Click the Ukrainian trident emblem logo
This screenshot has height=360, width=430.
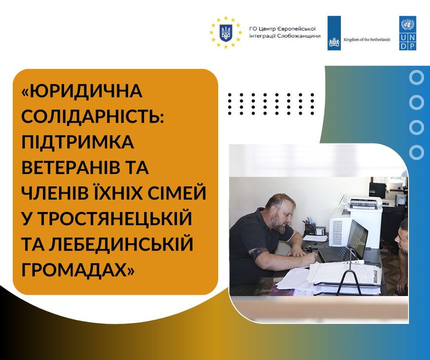click(226, 32)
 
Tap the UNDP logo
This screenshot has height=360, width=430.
click(408, 33)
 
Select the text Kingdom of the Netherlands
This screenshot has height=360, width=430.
click(366, 39)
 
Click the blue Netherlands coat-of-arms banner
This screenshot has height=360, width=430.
click(334, 33)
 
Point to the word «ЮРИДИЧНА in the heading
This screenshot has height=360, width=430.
click(82, 90)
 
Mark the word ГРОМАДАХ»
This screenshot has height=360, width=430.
click(78, 269)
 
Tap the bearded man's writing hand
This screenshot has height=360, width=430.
click(310, 256)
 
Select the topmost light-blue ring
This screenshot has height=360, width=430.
click(416, 77)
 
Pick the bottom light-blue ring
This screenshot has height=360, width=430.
click(416, 151)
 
